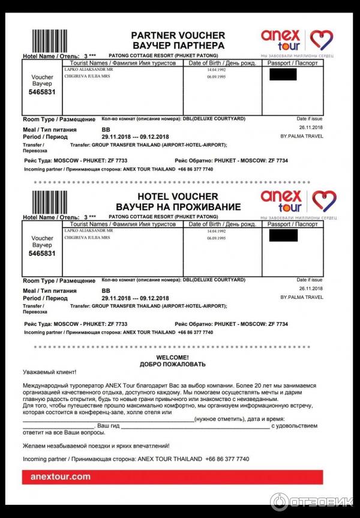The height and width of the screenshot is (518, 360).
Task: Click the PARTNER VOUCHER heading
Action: point(178,35)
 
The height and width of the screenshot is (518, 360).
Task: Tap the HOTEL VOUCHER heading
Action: point(178,196)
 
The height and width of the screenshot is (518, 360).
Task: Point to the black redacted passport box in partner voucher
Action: point(283,75)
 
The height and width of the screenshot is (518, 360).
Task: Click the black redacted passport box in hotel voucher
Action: point(283,235)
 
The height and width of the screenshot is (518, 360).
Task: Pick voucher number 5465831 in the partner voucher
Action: point(42,93)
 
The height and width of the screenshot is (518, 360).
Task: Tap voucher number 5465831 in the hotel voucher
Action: point(42,253)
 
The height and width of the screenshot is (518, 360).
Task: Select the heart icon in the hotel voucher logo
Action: point(324,200)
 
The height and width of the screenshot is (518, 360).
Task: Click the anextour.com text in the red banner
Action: point(56,477)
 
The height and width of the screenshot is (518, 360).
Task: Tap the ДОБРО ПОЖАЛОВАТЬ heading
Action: point(172,364)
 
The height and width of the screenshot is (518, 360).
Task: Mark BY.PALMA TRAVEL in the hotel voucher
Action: point(302,297)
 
